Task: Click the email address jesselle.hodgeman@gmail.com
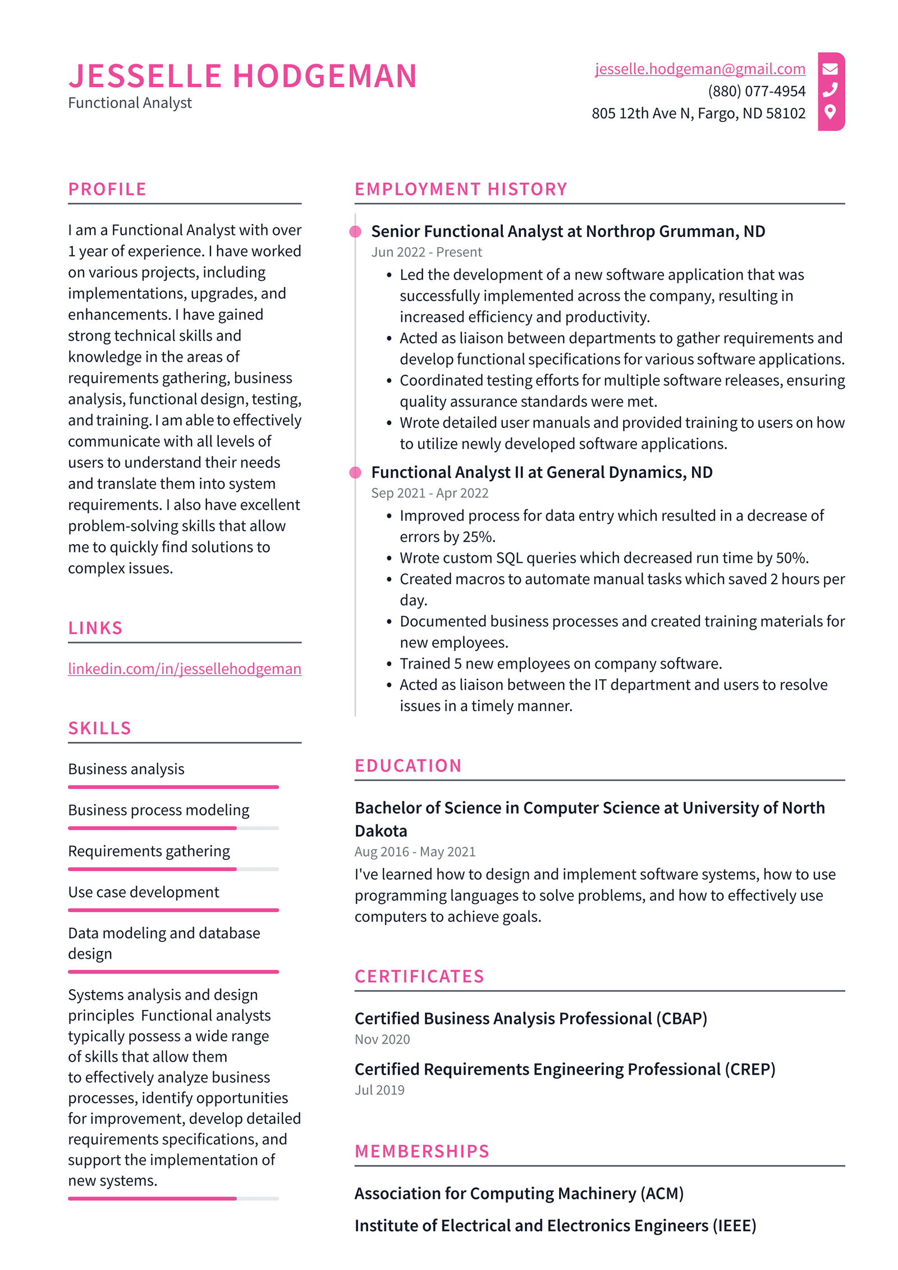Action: click(x=699, y=69)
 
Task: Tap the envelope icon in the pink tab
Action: click(x=830, y=69)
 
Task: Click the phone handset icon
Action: click(x=830, y=90)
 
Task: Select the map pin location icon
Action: click(x=830, y=112)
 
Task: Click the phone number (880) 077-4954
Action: click(x=756, y=91)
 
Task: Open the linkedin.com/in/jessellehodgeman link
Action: click(x=184, y=668)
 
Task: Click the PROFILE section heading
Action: click(x=107, y=189)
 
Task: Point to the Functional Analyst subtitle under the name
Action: click(x=130, y=103)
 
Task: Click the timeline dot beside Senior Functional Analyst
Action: click(x=355, y=231)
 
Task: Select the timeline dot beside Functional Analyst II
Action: click(x=355, y=472)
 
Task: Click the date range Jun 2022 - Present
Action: click(x=426, y=252)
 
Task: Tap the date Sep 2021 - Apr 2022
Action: click(x=429, y=493)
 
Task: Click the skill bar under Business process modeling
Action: click(x=173, y=828)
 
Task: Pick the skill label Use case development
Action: click(x=143, y=892)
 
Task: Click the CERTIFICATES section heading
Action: click(x=419, y=976)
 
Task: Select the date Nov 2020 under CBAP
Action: click(x=382, y=1039)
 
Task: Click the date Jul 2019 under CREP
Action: click(x=379, y=1090)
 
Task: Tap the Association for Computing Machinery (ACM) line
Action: click(x=519, y=1193)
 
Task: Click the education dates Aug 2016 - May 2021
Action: click(x=415, y=852)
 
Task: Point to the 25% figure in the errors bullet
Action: click(x=478, y=537)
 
